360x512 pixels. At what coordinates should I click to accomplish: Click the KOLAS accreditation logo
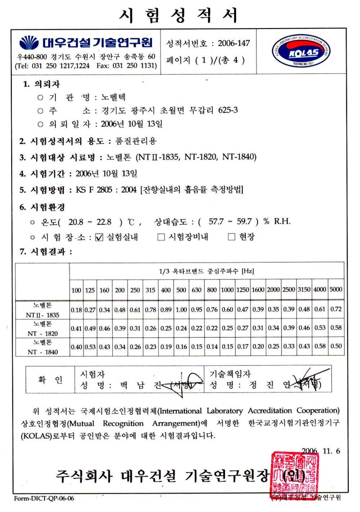[301, 52]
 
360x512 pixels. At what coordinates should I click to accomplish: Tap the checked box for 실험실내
[99, 237]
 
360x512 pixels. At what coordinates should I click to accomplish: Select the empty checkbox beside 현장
[232, 237]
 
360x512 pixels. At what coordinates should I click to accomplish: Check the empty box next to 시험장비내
[161, 237]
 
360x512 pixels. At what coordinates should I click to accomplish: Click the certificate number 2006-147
[234, 43]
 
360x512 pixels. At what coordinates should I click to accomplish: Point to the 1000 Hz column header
[227, 290]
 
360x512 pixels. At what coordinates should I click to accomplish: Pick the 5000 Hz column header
[336, 289]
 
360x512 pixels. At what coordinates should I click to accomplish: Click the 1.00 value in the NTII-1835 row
[181, 309]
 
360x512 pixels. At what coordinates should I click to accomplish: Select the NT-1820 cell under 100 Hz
[76, 328]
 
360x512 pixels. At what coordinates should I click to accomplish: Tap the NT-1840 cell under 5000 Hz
[336, 346]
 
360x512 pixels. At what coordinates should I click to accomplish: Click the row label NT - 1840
[42, 352]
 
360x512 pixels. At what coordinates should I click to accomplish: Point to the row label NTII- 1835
[42, 315]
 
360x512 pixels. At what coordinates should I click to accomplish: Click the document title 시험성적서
[179, 15]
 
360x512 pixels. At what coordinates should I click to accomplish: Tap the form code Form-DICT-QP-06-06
[44, 498]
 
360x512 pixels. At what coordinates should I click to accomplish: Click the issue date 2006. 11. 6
[321, 451]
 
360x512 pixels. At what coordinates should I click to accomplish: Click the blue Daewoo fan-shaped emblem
[29, 42]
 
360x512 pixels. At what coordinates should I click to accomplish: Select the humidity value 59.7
[244, 221]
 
